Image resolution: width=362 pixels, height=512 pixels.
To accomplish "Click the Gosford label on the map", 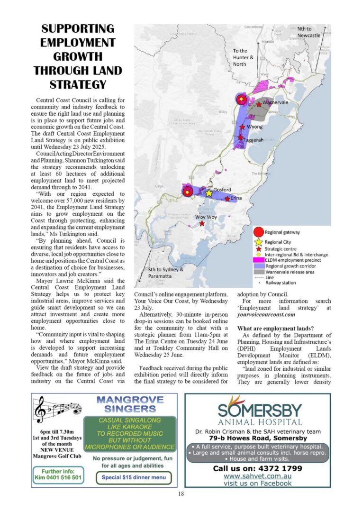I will pos(222,190).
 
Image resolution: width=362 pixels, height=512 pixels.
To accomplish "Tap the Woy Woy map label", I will pos(206,217).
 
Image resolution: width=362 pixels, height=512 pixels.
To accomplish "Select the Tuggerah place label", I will pos(253,141).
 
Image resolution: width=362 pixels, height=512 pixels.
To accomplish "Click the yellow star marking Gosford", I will pos(209,193).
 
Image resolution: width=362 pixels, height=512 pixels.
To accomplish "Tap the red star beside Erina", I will pos(227,199).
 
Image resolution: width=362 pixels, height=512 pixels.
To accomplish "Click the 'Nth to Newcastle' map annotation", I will pos(308,32).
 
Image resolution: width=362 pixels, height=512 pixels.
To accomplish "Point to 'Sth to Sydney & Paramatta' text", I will pos(166,273).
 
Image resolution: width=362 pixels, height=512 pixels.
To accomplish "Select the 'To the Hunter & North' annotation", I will pos(243,57).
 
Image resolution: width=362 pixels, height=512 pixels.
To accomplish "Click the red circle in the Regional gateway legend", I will pos(258,232).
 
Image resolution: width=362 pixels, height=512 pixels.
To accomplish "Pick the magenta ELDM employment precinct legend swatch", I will pos(258,259).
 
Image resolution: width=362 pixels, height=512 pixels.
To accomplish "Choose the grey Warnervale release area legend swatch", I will pos(258,272).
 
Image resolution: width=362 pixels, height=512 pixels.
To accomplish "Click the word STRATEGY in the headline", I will pos(78,85).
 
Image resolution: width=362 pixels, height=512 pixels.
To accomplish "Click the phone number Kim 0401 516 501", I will pos(58,477).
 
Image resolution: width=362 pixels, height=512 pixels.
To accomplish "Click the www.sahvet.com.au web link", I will pos(257,476).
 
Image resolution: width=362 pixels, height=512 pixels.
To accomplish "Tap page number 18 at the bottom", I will pos(181,494).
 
